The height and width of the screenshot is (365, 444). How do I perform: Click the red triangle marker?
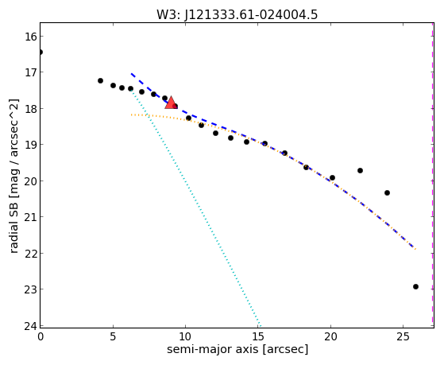click(x=171, y=103)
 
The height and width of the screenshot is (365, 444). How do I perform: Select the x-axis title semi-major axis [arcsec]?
click(x=237, y=349)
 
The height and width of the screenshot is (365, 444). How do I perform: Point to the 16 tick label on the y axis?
click(x=30, y=37)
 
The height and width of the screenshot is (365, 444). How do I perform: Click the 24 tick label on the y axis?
click(x=30, y=326)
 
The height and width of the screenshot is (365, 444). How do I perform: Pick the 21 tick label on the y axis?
click(x=30, y=217)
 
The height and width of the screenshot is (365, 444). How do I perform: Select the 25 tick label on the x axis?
click(x=403, y=337)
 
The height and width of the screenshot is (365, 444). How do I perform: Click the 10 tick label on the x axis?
click(x=185, y=337)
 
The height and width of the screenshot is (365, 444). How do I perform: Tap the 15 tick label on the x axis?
click(x=258, y=337)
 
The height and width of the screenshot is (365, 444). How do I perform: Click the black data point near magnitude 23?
click(x=415, y=287)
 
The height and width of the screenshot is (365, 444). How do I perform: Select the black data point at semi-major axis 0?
click(x=41, y=52)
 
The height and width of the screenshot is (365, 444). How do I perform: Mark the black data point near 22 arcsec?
click(x=360, y=170)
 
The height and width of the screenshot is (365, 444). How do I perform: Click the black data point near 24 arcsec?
click(x=387, y=193)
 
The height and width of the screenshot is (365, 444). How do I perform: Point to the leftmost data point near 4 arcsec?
click(x=100, y=81)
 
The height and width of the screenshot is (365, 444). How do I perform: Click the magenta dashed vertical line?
click(x=432, y=175)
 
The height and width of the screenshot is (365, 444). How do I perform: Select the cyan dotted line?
click(x=195, y=208)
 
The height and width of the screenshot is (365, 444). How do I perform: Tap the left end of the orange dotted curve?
click(x=132, y=115)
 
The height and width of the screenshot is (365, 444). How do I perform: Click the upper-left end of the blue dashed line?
click(x=131, y=74)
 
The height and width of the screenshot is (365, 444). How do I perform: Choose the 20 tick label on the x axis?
click(x=330, y=337)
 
